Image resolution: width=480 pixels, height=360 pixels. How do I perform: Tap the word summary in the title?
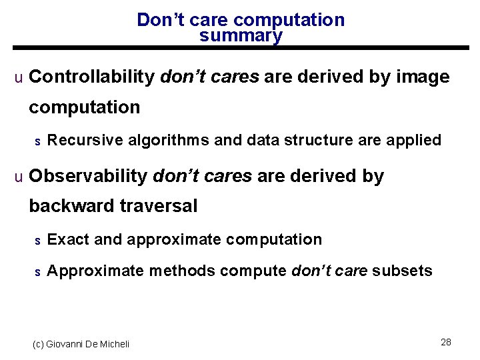[241, 36]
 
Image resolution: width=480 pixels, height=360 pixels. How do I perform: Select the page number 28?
[446, 342]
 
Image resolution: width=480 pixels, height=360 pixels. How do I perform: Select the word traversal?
[159, 207]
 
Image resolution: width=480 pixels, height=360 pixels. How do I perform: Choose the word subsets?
[402, 271]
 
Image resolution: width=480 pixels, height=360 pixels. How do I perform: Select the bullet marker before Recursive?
[38, 141]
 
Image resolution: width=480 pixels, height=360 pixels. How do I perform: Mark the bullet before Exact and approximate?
[38, 240]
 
